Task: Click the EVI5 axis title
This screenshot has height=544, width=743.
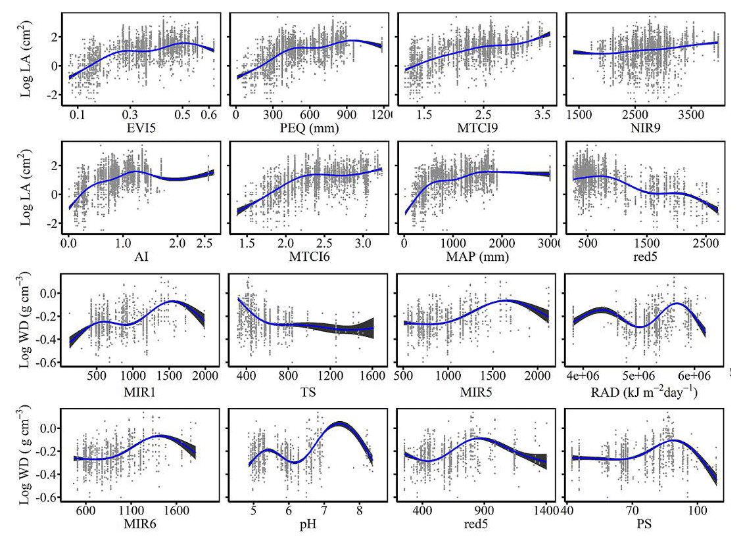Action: (140, 129)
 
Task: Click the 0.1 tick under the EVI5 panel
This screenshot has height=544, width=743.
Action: (78, 114)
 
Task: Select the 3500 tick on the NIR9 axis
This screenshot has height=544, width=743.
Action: (688, 114)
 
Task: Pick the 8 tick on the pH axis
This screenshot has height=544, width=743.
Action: (358, 510)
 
